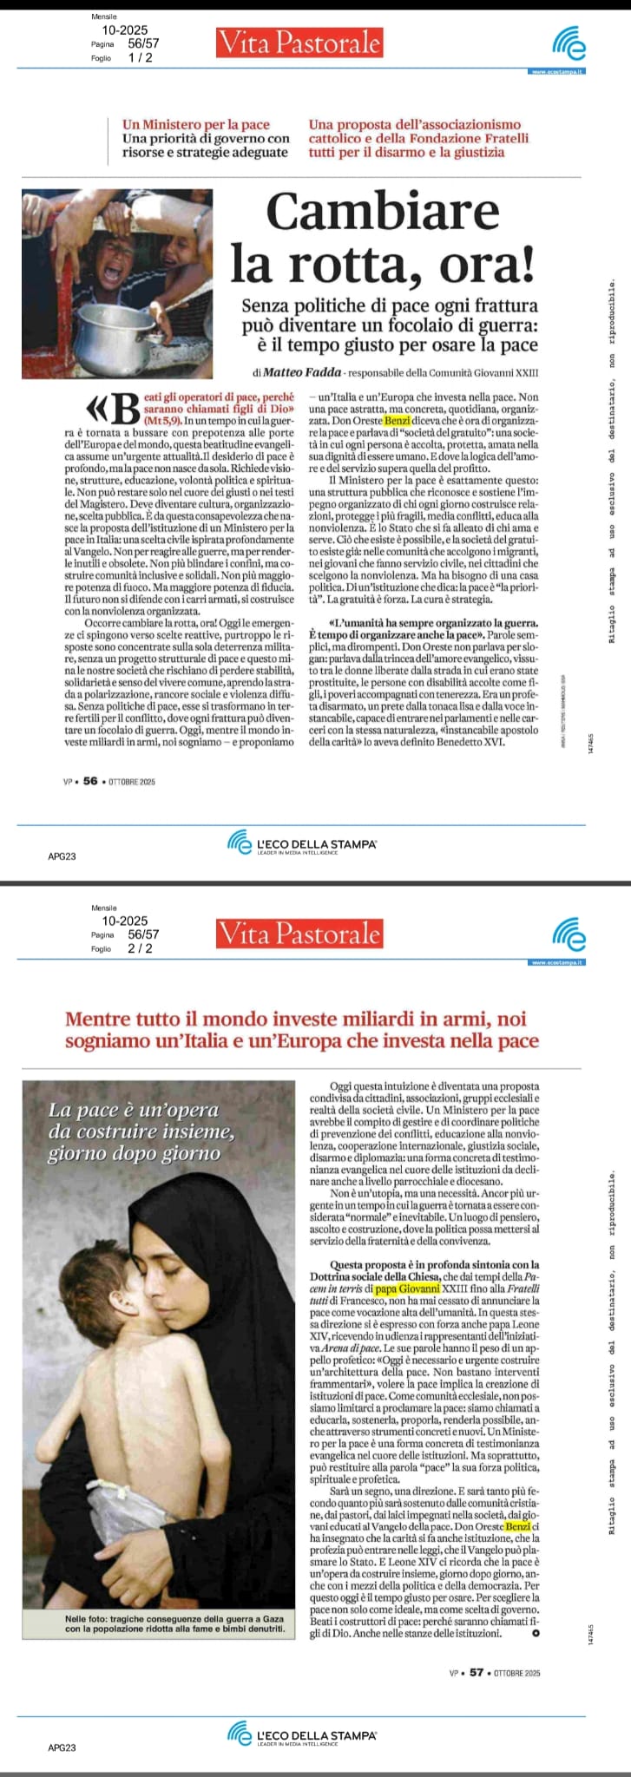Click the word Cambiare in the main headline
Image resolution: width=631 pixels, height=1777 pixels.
click(x=383, y=212)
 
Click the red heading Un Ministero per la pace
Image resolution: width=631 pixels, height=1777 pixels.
click(x=196, y=125)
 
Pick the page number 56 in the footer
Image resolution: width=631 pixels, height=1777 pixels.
click(x=90, y=781)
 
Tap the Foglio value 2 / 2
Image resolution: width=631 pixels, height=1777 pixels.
click(x=140, y=948)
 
